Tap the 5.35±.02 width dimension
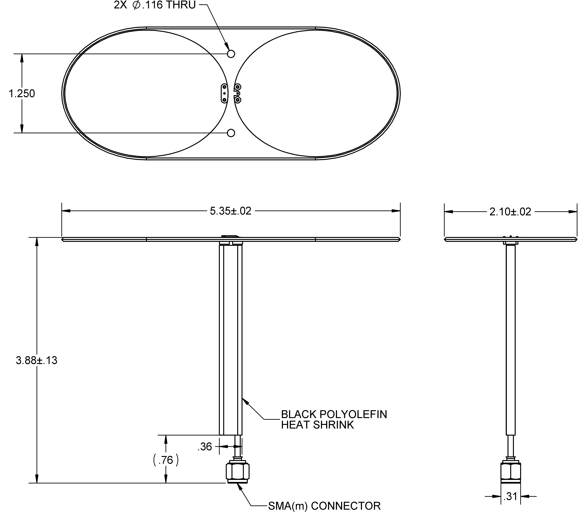[x=230, y=211]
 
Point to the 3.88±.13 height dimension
[x=37, y=361]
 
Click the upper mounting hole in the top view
[x=231, y=54]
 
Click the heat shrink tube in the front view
[x=230, y=340]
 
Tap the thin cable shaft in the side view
[x=510, y=340]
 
